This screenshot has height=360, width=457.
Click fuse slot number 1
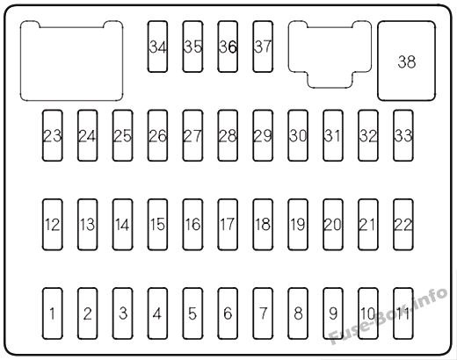(x=53, y=313)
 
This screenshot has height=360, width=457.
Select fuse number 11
(x=403, y=313)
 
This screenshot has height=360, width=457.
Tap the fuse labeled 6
(x=228, y=313)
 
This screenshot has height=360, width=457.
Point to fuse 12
(x=53, y=224)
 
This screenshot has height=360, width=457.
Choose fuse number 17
(x=228, y=224)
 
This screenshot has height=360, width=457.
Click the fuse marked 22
(x=403, y=224)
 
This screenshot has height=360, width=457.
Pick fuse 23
(x=53, y=135)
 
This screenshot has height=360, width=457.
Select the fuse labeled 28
(x=228, y=135)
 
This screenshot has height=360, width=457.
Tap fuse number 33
(x=403, y=135)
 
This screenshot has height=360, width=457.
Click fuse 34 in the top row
(x=157, y=47)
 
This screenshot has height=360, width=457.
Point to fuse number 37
(x=263, y=47)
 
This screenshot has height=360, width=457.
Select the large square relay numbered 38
(x=406, y=61)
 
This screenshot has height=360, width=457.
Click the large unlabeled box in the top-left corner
(x=71, y=61)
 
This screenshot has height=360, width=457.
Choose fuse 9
(x=333, y=313)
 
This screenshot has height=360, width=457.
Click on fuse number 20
(x=333, y=224)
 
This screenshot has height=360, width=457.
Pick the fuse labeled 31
(x=333, y=135)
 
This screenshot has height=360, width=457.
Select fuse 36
(x=228, y=47)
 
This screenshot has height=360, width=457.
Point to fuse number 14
(x=122, y=224)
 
